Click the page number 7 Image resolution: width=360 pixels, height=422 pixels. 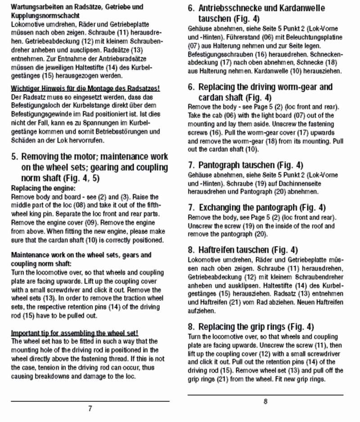coord(90,409)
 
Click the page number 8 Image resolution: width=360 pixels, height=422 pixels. coord(265,402)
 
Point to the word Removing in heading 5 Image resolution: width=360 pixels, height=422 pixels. coord(41,157)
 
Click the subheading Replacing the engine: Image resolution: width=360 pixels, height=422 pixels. coord(43,188)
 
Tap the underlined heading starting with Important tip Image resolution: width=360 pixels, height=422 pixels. coord(74,333)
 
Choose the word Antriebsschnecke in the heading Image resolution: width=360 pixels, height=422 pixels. coord(232,9)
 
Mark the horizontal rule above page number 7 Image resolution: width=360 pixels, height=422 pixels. coord(90,401)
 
